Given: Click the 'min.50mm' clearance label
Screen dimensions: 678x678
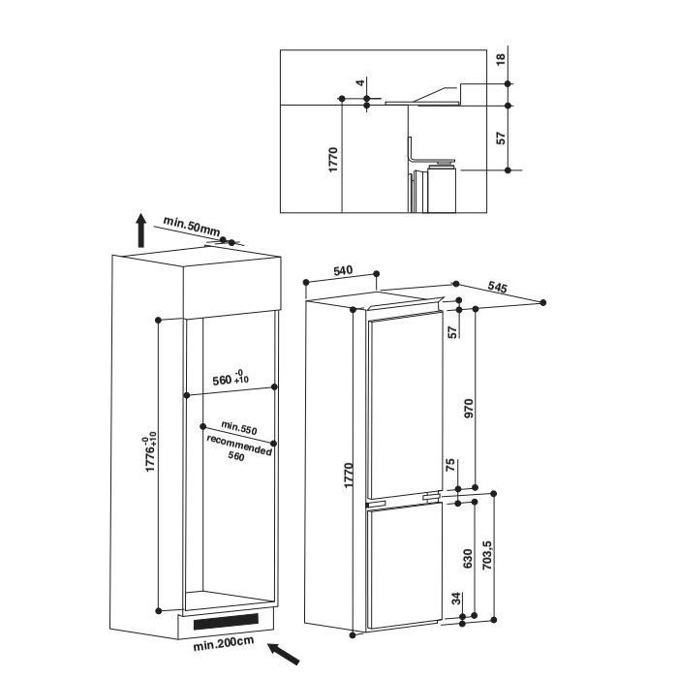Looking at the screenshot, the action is coord(192,227).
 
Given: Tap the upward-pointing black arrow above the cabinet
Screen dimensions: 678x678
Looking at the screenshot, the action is coord(141,231).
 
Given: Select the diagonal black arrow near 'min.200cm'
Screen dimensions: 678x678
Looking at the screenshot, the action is coord(284,654).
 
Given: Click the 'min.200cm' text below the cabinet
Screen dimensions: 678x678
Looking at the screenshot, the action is coord(224,644).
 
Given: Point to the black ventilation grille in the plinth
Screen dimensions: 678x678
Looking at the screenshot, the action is coord(226,622).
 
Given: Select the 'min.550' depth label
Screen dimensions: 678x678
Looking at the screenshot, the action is coord(239,428).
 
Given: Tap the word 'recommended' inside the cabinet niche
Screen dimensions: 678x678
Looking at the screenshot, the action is coord(239,446).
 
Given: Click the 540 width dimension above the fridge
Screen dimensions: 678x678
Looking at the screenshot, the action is coord(343,271).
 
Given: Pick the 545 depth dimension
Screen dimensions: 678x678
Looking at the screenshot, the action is coord(497,287).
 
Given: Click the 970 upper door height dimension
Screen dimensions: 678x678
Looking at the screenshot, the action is coord(469,408).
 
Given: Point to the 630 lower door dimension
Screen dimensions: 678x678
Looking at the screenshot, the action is coord(468,559).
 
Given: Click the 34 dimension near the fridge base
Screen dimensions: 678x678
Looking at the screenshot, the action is coord(456,599).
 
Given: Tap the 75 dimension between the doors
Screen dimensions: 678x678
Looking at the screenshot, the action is coord(450,465).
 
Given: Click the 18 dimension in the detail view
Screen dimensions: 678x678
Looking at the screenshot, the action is coord(501,59).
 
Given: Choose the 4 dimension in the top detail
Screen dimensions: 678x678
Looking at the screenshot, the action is coord(361,81).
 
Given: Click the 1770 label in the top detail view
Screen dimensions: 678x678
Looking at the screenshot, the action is coord(333,160).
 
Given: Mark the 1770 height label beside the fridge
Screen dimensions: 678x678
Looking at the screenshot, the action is coord(349,476).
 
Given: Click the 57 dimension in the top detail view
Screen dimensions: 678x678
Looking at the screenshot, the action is coord(501,138).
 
